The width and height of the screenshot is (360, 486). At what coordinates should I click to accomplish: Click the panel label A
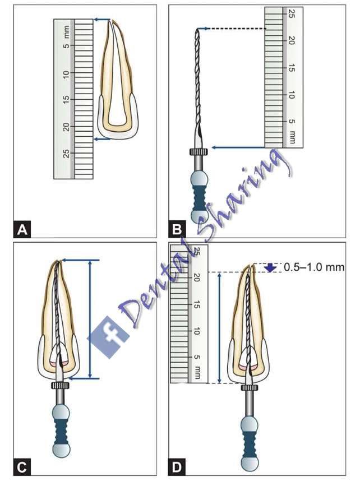(x=22, y=230)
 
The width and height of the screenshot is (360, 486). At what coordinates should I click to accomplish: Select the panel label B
(x=177, y=230)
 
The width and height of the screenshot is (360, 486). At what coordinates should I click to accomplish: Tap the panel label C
(x=22, y=467)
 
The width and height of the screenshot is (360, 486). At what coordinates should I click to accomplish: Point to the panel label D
(x=177, y=467)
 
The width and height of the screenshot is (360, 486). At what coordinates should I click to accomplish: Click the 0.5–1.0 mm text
(x=314, y=267)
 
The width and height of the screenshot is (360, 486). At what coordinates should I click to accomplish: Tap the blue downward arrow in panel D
(x=271, y=267)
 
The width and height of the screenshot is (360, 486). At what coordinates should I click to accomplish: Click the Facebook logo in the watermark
(x=108, y=337)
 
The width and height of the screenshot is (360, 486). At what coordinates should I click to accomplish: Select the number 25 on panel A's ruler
(x=66, y=153)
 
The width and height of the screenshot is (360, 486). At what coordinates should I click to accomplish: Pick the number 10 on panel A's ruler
(x=66, y=72)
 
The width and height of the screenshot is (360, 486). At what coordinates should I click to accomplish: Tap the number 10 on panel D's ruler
(x=196, y=331)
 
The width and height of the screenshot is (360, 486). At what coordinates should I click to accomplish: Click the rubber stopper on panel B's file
(x=199, y=152)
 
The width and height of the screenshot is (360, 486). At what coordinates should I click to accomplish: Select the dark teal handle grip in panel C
(x=61, y=432)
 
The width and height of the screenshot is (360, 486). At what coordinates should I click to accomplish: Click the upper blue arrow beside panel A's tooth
(x=102, y=20)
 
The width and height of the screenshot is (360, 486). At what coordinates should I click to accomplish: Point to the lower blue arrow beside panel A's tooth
(x=102, y=139)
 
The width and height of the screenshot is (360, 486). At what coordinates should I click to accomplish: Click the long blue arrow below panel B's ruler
(x=238, y=147)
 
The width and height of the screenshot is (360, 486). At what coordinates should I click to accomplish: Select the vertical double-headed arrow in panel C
(x=90, y=320)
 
